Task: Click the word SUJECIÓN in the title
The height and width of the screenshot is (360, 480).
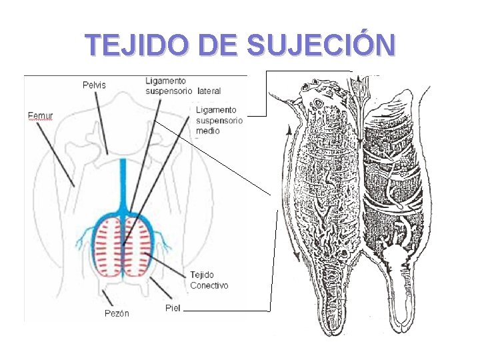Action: [x=321, y=45]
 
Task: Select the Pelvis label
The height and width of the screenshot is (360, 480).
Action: [x=94, y=85]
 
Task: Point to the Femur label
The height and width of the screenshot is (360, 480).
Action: [x=41, y=115]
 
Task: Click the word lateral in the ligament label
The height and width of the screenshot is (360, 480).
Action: [x=209, y=91]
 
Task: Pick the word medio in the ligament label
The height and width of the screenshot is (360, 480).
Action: [x=207, y=131]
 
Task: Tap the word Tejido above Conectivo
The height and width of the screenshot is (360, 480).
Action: [x=201, y=275]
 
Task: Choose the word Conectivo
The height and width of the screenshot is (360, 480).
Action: [x=209, y=285]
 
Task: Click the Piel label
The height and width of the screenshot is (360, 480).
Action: [x=172, y=307]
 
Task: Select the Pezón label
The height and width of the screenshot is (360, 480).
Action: [x=117, y=313]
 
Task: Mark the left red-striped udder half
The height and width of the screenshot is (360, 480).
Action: [x=107, y=247]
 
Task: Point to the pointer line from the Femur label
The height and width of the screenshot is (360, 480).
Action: [x=55, y=153]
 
